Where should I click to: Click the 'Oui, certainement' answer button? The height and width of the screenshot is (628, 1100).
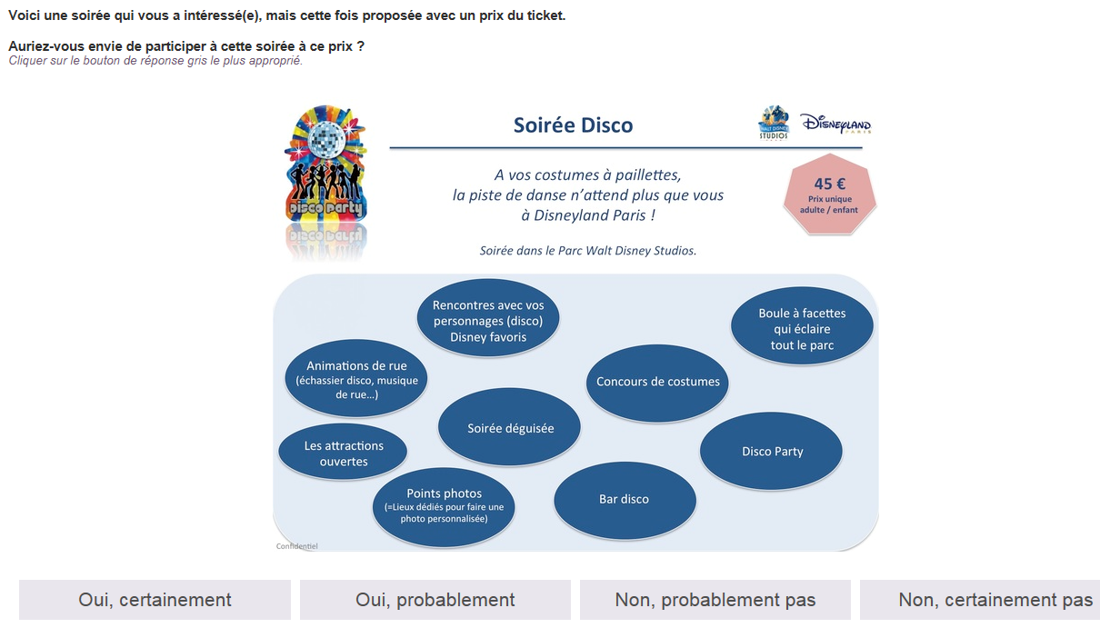tap(155, 600)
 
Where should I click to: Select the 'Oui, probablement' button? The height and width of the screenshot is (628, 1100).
tap(435, 600)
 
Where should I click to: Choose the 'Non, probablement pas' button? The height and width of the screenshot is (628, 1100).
tap(715, 600)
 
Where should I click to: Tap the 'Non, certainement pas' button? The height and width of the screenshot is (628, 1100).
tap(980, 600)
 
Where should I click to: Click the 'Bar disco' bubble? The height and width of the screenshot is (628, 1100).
tap(625, 500)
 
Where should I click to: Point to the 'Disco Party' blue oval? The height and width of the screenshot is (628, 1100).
tap(771, 451)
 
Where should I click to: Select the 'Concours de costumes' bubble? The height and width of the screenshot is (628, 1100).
tap(657, 382)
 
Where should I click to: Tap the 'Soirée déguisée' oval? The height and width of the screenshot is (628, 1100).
tap(509, 426)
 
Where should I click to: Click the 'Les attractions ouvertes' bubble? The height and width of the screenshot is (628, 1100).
tap(343, 452)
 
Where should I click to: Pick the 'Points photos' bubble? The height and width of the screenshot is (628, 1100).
tap(444, 507)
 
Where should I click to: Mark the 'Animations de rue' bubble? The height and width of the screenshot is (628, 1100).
tap(356, 378)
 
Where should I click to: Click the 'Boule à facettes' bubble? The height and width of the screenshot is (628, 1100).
tap(802, 326)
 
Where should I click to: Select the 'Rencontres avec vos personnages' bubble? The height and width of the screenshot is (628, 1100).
tap(488, 318)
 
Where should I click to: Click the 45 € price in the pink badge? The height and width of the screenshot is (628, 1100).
tap(829, 184)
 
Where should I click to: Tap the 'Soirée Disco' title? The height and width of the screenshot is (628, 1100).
tap(573, 125)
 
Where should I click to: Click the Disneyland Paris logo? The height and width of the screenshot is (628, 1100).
tap(836, 124)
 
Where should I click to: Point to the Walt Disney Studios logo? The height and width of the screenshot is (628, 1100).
tap(774, 123)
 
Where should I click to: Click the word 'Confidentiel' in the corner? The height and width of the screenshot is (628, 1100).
tap(296, 546)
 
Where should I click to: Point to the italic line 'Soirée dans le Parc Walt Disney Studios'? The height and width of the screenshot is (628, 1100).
tap(588, 251)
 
